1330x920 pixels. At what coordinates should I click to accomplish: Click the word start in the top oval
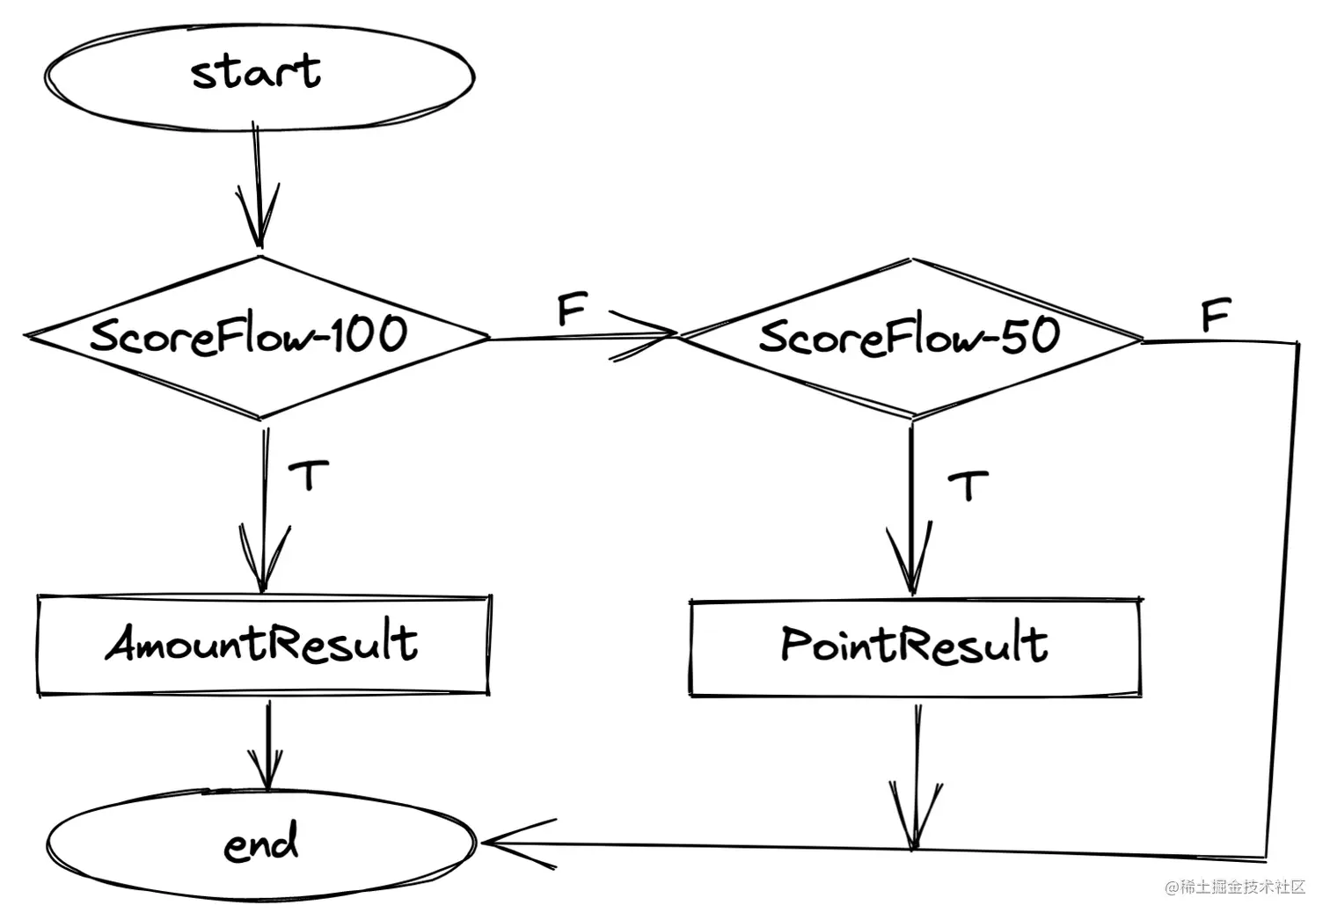coord(256,71)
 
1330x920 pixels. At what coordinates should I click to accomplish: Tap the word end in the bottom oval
coord(261,843)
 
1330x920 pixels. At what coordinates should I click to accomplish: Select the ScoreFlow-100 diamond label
coord(249,335)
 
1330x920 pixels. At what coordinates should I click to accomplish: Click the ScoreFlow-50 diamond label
coord(910,336)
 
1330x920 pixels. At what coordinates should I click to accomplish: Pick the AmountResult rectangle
coord(262,645)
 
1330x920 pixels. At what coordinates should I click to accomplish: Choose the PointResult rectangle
coord(915,646)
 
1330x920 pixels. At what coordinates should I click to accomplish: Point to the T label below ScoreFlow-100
coord(310,476)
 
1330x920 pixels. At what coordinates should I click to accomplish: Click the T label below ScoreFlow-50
coord(968,485)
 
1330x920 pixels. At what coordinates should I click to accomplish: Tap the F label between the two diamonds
coord(572,310)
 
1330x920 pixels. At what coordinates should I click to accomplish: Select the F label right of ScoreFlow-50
coord(1216,315)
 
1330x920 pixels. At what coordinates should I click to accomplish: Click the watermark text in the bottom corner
coord(1236,887)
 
